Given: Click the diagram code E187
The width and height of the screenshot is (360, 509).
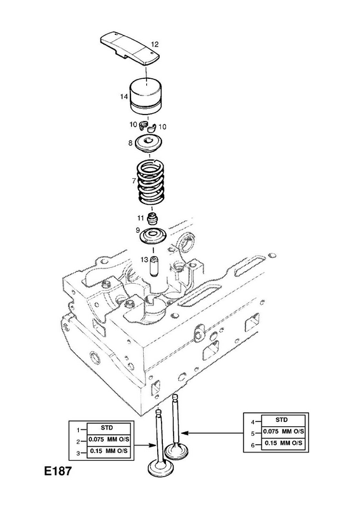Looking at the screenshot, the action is pos(57,471).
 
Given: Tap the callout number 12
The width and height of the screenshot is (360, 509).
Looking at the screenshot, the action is pos(155,44).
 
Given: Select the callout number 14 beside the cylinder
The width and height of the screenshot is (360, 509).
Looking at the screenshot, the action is pos(123,97).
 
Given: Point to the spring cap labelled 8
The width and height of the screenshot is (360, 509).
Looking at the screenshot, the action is pos(149,143).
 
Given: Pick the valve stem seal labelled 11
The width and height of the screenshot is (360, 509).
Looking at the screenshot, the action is pos(151,219).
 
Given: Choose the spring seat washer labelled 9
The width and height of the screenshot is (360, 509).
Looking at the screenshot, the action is pos(153,235).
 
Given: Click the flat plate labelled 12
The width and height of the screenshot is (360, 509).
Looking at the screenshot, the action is pos(129,49).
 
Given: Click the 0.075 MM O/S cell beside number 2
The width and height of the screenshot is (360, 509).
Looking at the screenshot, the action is pos(109,440).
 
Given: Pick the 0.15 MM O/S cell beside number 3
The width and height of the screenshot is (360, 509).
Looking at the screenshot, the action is pos(109,451).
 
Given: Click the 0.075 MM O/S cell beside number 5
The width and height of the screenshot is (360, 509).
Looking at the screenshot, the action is pos(283,431).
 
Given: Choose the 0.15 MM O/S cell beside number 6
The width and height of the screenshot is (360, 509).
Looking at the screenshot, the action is pos(283,443).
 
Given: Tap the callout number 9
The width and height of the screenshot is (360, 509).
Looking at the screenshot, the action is pos(137,230).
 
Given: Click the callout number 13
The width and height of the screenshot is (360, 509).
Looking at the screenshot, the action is pos(144,260).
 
